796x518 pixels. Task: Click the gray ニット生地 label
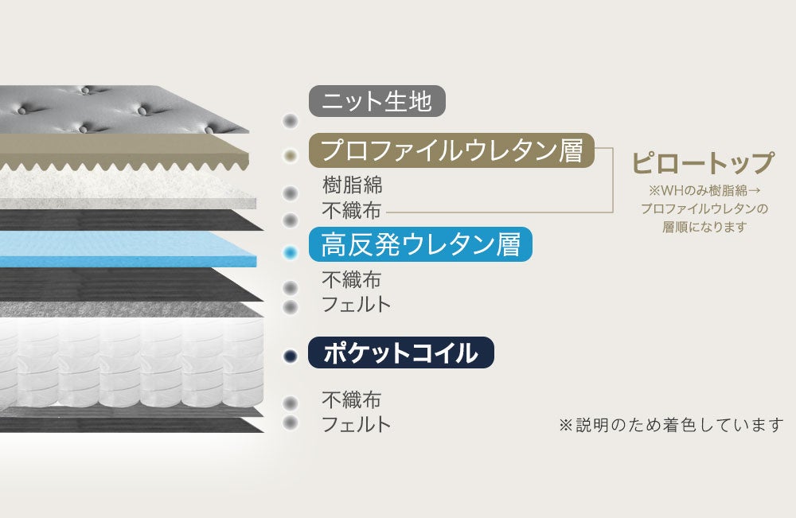pos(377,102)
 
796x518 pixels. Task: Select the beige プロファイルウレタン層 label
pos(451,150)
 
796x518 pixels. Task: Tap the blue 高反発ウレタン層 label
pos(420,244)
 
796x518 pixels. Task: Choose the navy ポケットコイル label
pos(400,352)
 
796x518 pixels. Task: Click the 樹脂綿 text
pos(353,185)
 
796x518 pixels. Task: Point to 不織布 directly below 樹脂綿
pos(352,211)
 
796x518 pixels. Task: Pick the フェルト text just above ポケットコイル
pos(357,304)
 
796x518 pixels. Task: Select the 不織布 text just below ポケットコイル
pos(352,399)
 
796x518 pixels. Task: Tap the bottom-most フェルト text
pos(357,424)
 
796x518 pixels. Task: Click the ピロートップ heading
pos(703,163)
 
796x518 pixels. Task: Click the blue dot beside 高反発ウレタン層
pos(291,253)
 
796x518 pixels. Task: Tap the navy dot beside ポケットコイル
pos(291,356)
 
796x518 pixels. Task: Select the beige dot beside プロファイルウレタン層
pos(291,155)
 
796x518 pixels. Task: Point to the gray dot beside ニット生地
pos(291,121)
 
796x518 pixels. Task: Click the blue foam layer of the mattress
pos(119,249)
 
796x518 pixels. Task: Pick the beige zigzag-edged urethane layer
pos(119,152)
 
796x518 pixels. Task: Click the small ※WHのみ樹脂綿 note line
pos(703,191)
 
